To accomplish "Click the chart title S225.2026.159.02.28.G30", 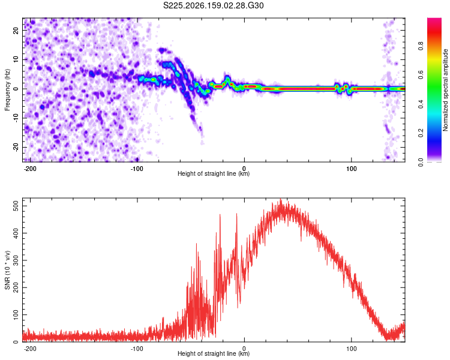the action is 213,5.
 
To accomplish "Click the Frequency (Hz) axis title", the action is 7,90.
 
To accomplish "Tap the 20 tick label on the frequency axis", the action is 16,30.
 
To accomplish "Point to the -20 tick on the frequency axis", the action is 16,147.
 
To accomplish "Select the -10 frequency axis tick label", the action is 16,118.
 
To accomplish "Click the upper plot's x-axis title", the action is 214,173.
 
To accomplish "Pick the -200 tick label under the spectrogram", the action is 29,169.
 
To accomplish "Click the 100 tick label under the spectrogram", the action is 351,169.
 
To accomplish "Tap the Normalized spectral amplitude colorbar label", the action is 445,90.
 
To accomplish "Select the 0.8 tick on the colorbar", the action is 421,46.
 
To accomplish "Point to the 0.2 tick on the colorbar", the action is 421,133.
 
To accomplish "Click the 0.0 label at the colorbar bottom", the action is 421,162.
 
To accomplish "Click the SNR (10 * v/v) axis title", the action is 7,270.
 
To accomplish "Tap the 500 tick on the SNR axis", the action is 16,206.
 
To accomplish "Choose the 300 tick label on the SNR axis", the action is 16,260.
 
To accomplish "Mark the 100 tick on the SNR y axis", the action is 16,315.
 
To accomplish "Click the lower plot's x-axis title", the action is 214,353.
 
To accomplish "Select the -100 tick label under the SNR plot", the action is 137,349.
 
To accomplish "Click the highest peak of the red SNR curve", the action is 281,199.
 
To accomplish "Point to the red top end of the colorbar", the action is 434,19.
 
